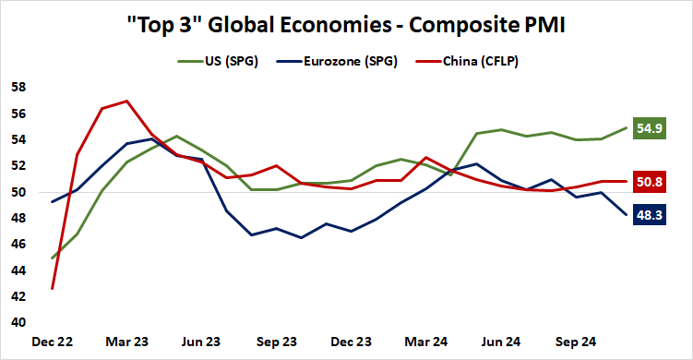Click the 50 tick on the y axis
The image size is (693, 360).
pyautogui.click(x=18, y=193)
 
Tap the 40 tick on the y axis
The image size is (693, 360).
pyautogui.click(x=18, y=323)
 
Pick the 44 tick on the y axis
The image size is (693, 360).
pyautogui.click(x=18, y=271)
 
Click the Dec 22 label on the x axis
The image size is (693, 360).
pyautogui.click(x=52, y=342)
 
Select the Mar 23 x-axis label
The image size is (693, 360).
pyautogui.click(x=126, y=342)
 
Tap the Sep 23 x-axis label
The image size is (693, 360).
pyautogui.click(x=276, y=342)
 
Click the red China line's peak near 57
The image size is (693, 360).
pyautogui.click(x=126, y=101)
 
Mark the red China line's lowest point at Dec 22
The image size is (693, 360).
pyautogui.click(x=52, y=289)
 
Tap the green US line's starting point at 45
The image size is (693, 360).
pyautogui.click(x=52, y=258)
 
